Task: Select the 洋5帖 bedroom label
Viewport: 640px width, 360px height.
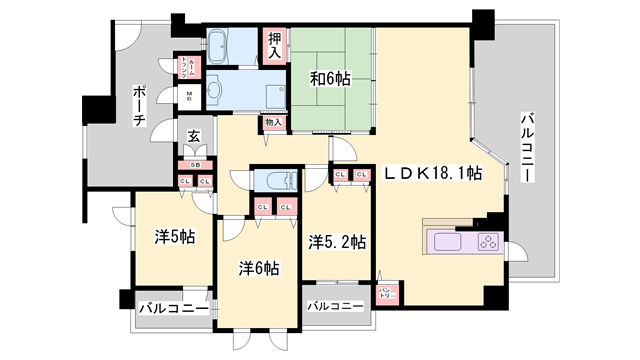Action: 174,237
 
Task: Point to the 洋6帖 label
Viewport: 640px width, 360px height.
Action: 258,268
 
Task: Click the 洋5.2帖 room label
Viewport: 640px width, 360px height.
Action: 337,242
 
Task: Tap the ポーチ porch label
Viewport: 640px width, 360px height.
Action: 139,106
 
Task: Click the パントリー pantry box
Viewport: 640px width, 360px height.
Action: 387,293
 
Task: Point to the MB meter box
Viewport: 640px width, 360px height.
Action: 188,97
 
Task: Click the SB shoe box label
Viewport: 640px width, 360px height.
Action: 195,165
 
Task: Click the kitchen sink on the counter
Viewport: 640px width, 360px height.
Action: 446,242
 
